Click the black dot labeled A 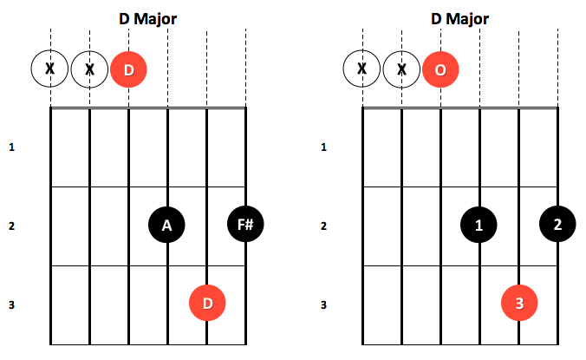click(x=166, y=225)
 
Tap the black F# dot click(x=245, y=224)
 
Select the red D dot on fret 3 click(x=207, y=303)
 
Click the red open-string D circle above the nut click(x=128, y=69)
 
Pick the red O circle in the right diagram click(x=440, y=69)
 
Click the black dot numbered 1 click(x=479, y=225)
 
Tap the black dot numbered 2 click(x=557, y=224)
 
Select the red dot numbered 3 click(x=519, y=303)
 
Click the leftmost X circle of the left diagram click(x=49, y=69)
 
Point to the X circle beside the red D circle click(x=89, y=69)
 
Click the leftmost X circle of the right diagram click(x=361, y=69)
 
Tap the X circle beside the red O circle click(x=401, y=69)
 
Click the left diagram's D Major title click(x=147, y=19)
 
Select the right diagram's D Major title click(x=459, y=19)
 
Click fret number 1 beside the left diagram click(x=12, y=147)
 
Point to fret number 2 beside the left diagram click(x=12, y=226)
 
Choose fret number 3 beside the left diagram click(x=12, y=304)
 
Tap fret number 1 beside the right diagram click(x=324, y=147)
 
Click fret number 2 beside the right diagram click(x=324, y=226)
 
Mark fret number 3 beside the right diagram click(x=324, y=304)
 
